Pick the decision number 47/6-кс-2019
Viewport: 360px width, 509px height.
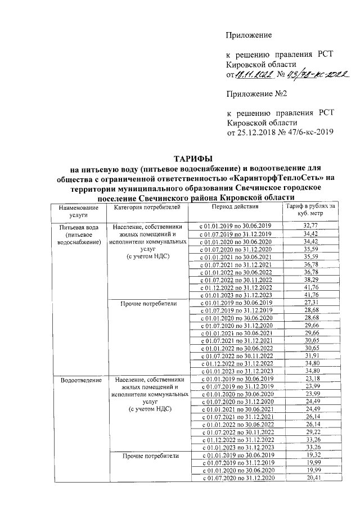[x=308, y=132]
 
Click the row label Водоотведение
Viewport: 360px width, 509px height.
[x=79, y=381]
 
